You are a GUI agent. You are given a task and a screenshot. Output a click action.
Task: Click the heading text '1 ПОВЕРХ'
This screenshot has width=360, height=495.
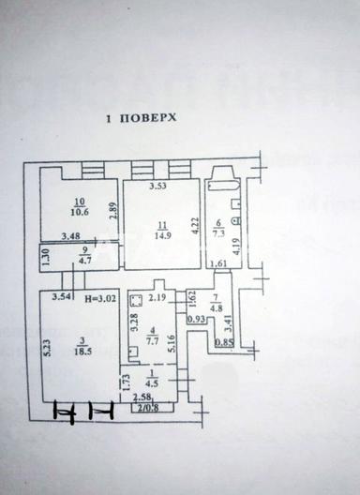(x=141, y=119)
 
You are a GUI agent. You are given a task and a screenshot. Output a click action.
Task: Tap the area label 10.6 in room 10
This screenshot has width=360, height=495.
(x=79, y=211)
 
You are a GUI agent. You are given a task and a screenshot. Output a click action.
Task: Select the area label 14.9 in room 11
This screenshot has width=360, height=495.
(x=163, y=235)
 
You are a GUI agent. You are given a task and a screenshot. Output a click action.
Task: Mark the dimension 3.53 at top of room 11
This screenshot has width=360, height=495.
(x=157, y=187)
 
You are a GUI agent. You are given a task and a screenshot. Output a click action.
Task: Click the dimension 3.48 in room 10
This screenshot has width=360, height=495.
(x=69, y=235)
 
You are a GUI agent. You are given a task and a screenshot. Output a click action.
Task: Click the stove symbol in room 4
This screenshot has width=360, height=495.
(x=136, y=300)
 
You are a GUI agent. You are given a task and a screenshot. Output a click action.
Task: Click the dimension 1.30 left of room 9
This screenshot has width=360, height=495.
(x=44, y=255)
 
